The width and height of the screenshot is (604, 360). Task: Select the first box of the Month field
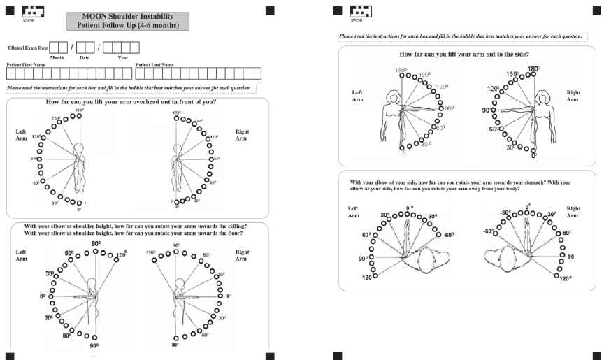[54, 48]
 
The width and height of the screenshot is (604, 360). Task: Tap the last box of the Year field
[135, 48]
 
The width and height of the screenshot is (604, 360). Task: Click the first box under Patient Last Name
[140, 72]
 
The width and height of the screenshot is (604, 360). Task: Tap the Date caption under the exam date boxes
[85, 57]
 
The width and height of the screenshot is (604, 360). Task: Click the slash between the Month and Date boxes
[71, 48]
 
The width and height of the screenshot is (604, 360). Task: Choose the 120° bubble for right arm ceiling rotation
[161, 255]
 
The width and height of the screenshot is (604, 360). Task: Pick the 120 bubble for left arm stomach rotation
[376, 275]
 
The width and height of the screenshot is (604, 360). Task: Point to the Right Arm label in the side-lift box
[573, 96]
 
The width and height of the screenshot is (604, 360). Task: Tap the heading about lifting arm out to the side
[463, 55]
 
